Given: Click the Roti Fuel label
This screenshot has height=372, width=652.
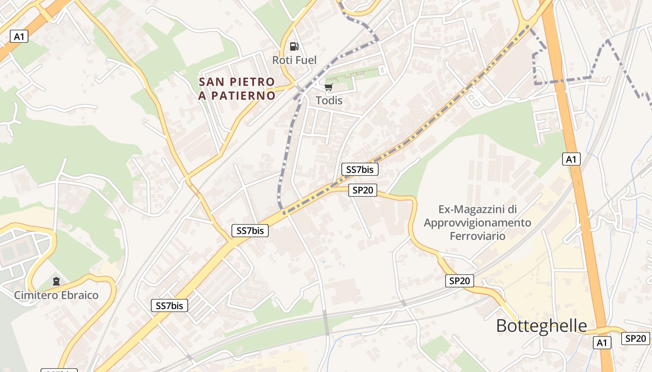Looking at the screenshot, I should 294,60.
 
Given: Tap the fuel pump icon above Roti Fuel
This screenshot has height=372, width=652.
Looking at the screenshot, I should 294,46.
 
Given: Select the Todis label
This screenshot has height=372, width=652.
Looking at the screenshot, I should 329,100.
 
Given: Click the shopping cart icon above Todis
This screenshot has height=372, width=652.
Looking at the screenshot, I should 329,87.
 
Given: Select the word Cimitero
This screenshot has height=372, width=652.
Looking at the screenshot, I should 36,295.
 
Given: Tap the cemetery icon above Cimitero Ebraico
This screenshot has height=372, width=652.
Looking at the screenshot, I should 56,281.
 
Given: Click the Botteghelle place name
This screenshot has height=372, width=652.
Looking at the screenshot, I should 541,325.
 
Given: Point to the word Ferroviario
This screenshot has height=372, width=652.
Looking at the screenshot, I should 477,236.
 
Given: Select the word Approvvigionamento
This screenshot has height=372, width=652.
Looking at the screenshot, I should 477,223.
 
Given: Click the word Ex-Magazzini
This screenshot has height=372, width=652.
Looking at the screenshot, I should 477,209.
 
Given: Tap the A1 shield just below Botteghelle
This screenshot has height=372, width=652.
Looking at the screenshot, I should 602,343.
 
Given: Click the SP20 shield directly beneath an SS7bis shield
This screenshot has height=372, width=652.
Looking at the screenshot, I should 362,190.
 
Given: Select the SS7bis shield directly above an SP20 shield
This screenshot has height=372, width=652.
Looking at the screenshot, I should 360,169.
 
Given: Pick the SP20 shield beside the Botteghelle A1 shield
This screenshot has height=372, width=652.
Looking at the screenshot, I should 635,339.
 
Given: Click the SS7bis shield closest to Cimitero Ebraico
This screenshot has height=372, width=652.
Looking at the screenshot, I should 170,306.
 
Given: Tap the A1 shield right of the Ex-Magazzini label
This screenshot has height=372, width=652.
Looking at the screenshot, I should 571,159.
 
